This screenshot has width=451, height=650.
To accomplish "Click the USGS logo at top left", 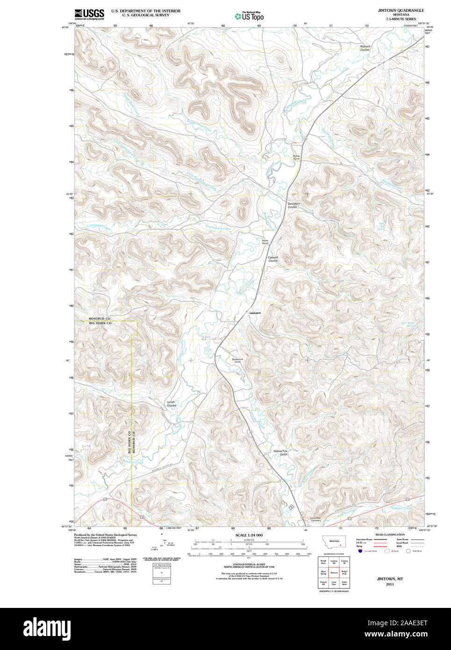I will (89, 14).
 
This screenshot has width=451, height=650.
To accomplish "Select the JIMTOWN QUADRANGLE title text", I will (401, 10).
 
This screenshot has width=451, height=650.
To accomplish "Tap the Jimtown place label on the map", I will (254, 313).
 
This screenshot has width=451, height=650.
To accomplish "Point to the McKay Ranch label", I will (296, 158).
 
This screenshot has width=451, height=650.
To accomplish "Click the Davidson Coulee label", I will (294, 205).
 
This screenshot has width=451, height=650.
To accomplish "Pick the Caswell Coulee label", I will (273, 259).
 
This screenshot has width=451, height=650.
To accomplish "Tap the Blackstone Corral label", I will (237, 361).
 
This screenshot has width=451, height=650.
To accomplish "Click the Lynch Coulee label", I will (172, 404).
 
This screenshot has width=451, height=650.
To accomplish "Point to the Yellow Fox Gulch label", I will (280, 453).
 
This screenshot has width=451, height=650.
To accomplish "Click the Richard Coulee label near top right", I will (365, 48).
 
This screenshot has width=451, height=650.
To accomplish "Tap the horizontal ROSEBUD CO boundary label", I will (100, 318).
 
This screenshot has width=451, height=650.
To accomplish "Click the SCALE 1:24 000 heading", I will (249, 535).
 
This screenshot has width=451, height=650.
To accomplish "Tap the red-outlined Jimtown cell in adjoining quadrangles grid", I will (334, 572).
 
